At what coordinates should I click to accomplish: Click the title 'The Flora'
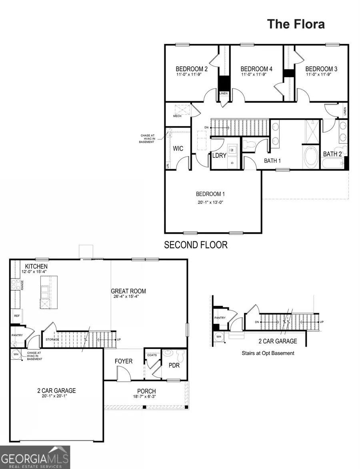point(296,24)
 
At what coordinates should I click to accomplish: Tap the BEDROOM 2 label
point(192,69)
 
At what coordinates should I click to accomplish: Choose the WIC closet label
point(178,148)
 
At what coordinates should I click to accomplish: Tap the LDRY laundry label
point(220,156)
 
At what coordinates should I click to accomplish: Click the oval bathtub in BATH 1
point(310,157)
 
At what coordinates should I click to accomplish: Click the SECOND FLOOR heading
point(196,245)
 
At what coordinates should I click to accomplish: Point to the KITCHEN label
point(36,267)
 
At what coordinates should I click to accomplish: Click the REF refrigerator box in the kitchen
point(17,315)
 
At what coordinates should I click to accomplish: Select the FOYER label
point(124,361)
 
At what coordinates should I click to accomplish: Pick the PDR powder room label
point(174,366)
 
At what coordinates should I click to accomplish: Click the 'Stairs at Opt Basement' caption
point(268,353)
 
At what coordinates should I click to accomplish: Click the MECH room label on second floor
point(177,116)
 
